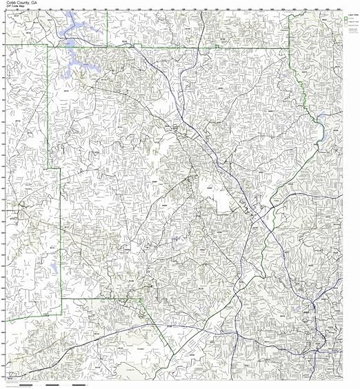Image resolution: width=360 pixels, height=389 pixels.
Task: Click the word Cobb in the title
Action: coord(10,3)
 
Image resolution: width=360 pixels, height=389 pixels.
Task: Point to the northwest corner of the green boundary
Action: coord(47,46)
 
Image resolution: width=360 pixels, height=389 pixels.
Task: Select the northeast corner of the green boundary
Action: coord(288,49)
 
